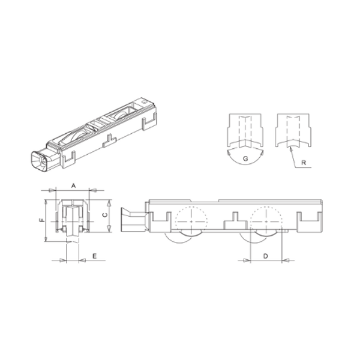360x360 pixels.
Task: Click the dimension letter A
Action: coord(73,186)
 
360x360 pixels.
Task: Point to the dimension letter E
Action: coord(94,256)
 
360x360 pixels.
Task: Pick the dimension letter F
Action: coord(41,221)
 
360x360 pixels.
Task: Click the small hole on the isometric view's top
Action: coord(145,104)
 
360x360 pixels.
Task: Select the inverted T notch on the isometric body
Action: coord(109,141)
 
